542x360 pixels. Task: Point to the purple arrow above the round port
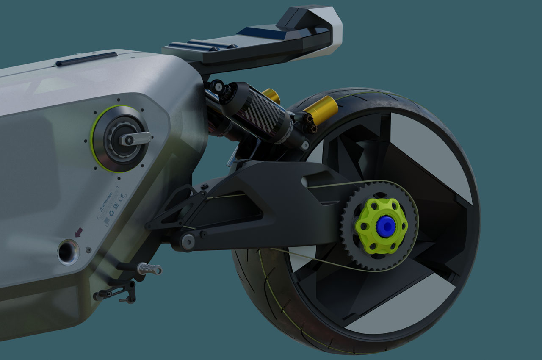point(78,232)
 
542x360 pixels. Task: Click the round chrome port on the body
point(68,251)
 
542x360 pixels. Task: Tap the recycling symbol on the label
point(112,214)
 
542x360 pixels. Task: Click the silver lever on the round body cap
point(135,138)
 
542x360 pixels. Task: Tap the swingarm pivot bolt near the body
point(187,241)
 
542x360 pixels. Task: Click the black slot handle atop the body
point(86,59)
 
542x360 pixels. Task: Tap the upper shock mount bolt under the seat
point(218,86)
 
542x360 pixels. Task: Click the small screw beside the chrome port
point(88,250)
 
